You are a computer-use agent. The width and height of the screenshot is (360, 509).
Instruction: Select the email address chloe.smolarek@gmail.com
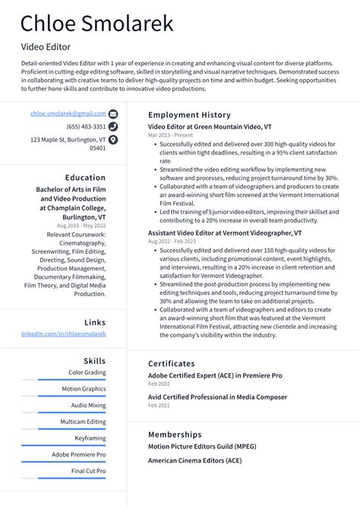pyautogui.click(x=68, y=113)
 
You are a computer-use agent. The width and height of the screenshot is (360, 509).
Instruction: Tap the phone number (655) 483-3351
pyautogui.click(x=86, y=126)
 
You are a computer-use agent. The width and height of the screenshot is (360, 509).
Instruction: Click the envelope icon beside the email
pyautogui.click(x=113, y=113)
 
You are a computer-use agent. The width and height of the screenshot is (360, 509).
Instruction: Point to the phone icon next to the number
pyautogui.click(x=113, y=126)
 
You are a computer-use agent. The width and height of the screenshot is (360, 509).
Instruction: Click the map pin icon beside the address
pyautogui.click(x=113, y=140)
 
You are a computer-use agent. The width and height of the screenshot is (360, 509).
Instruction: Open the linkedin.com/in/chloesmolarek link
pyautogui.click(x=64, y=334)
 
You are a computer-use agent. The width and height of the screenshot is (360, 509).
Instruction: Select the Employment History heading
pyautogui.click(x=189, y=115)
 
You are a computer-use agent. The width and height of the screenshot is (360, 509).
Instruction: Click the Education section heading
pyautogui.click(x=85, y=178)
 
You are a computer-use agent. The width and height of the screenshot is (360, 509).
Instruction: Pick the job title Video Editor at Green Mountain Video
pyautogui.click(x=210, y=126)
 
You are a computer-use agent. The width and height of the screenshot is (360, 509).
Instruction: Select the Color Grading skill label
pyautogui.click(x=87, y=372)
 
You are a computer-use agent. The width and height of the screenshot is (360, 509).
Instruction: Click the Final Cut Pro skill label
pyautogui.click(x=89, y=471)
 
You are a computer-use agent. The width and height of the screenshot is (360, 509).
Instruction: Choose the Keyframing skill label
pyautogui.click(x=90, y=438)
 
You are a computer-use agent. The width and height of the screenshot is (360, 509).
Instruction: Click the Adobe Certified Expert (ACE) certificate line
pyautogui.click(x=214, y=375)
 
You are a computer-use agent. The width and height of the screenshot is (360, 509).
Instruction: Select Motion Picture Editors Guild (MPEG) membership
pyautogui.click(x=201, y=446)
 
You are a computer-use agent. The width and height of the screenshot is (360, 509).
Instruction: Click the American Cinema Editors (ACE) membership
pyautogui.click(x=194, y=461)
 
